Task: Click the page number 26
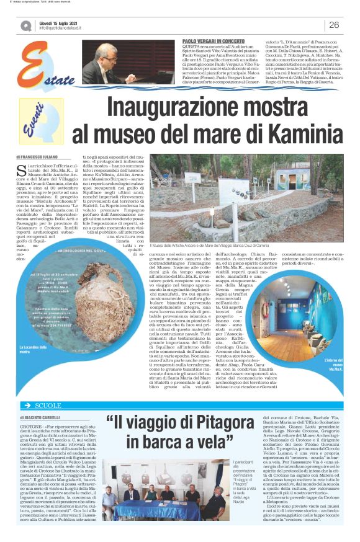click(334, 25)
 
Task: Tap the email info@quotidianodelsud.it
click(66, 29)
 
